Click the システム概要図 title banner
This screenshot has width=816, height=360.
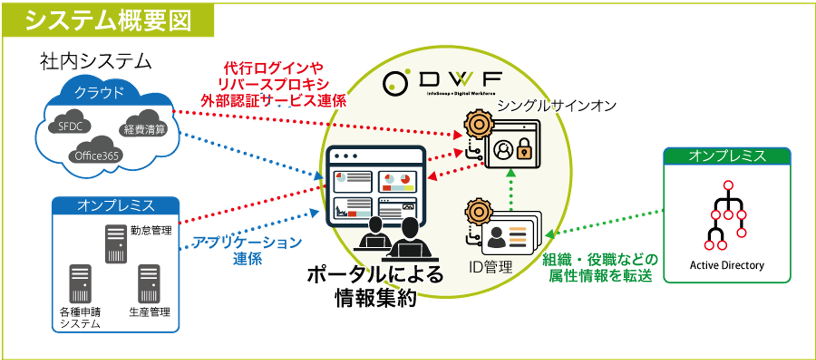[x=108, y=21]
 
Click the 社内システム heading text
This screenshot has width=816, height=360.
[x=95, y=61]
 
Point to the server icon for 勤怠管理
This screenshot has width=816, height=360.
[x=116, y=244]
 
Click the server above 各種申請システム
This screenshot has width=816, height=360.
[x=80, y=284]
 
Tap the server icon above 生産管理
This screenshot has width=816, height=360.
[x=149, y=284]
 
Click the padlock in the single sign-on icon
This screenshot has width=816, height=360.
[x=524, y=148]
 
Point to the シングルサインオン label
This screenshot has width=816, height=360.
[x=557, y=106]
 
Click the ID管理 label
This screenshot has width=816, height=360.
[x=491, y=267]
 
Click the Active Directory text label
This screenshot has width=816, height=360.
[x=727, y=265]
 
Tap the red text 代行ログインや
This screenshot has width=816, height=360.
[x=273, y=68]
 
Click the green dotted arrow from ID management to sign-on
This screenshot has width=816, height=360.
[x=511, y=190]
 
